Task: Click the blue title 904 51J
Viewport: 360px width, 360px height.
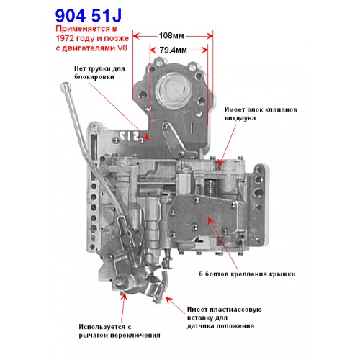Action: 89,15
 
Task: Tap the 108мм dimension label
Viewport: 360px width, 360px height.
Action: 171,36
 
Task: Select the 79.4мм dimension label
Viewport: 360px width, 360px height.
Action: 173,50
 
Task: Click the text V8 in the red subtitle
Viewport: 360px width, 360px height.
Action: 122,48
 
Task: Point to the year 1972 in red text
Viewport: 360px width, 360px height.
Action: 65,38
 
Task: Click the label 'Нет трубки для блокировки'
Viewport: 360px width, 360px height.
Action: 99,73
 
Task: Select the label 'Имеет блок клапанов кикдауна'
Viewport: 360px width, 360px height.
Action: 261,114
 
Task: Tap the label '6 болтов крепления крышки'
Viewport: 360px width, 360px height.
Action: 247,274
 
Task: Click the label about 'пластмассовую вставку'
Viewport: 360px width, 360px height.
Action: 224,318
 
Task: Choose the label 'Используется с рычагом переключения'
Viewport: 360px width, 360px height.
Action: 120,330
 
